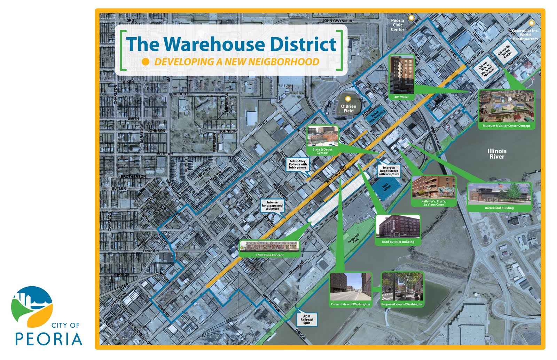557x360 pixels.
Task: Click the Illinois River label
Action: (497, 154)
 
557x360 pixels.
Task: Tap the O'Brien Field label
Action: (348, 109)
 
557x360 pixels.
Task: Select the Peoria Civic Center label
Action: (397, 25)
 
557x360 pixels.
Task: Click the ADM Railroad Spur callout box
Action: (306, 320)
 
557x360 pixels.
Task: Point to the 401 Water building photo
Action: (401, 75)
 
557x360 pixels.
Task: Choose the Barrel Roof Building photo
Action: (499, 194)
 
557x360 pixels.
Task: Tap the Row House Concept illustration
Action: (269, 246)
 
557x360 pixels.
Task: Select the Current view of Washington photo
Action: (350, 287)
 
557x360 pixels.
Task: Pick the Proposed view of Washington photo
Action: (402, 287)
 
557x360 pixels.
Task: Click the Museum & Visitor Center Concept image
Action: (506, 106)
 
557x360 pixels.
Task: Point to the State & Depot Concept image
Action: (322, 136)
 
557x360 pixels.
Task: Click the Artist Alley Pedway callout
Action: (298, 164)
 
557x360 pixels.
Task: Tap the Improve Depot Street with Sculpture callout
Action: (389, 171)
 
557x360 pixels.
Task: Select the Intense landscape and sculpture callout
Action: (272, 206)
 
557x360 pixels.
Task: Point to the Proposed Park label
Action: (354, 238)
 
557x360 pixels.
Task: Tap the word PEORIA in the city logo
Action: (48, 339)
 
